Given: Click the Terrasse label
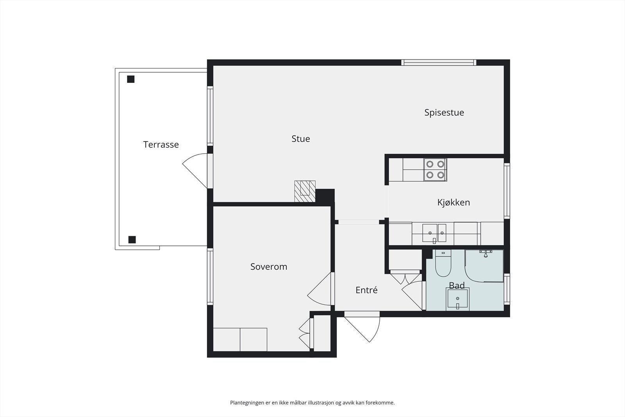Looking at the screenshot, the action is click(161, 145).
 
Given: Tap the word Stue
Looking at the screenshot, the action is click(300, 139).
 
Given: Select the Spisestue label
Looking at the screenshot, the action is click(444, 113).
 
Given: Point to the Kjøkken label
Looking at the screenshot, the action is click(454, 202).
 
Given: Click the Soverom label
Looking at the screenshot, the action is click(269, 267).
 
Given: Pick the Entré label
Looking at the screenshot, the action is click(366, 290).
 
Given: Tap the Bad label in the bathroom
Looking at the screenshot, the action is click(457, 285).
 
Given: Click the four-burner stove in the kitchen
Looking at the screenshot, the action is click(435, 170).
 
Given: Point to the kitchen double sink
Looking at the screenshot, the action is click(434, 233).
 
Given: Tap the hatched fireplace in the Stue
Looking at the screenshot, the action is click(305, 191).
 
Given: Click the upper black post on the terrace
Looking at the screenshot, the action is click(130, 79).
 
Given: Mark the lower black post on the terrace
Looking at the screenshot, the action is click(132, 240).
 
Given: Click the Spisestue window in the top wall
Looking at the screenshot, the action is click(439, 63).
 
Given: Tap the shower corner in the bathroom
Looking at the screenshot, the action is click(484, 266).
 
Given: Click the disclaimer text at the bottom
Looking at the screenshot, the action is click(312, 403).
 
